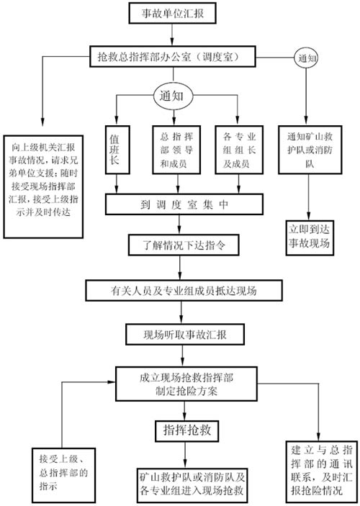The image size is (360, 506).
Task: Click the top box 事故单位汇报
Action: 172,13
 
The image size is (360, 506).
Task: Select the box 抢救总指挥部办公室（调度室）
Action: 173,56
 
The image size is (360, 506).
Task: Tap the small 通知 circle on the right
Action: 306,58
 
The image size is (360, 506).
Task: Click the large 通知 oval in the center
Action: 174,96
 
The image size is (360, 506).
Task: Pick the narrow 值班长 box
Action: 117,150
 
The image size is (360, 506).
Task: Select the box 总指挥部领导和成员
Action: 176,150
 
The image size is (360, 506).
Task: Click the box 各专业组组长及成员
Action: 239,150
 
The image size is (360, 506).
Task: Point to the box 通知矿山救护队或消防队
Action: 310,150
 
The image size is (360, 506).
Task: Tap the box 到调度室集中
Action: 184,204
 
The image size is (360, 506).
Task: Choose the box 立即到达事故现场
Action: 310,238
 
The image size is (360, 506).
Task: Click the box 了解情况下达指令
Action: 184,245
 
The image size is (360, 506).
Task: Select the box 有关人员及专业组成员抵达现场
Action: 184,291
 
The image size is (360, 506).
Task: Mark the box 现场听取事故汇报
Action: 185,334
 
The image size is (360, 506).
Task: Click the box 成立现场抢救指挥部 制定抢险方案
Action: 186,384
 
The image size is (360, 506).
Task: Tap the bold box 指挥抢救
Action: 186,430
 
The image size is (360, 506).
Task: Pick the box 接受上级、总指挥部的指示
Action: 63,475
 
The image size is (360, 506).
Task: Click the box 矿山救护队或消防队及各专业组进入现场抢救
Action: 192,485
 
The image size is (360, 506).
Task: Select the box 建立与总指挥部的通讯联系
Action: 322,471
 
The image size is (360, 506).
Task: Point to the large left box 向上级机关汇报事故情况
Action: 43,186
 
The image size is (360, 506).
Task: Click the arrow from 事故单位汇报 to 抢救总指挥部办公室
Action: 172,35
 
